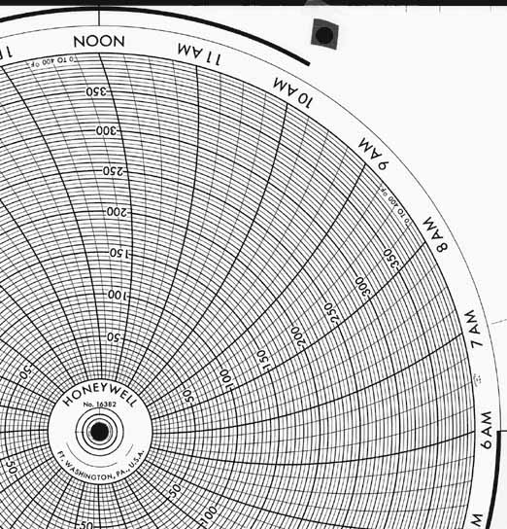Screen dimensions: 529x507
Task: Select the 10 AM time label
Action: pos(293,92)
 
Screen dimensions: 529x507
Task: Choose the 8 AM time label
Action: pos(435,233)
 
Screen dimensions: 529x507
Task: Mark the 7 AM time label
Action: pos(472,328)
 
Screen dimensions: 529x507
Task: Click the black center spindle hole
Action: pos(99,431)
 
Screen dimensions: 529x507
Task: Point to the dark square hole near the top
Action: pos(324,36)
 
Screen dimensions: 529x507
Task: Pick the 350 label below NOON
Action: pos(97,92)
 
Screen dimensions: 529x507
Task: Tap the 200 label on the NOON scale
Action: pos(116,211)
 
